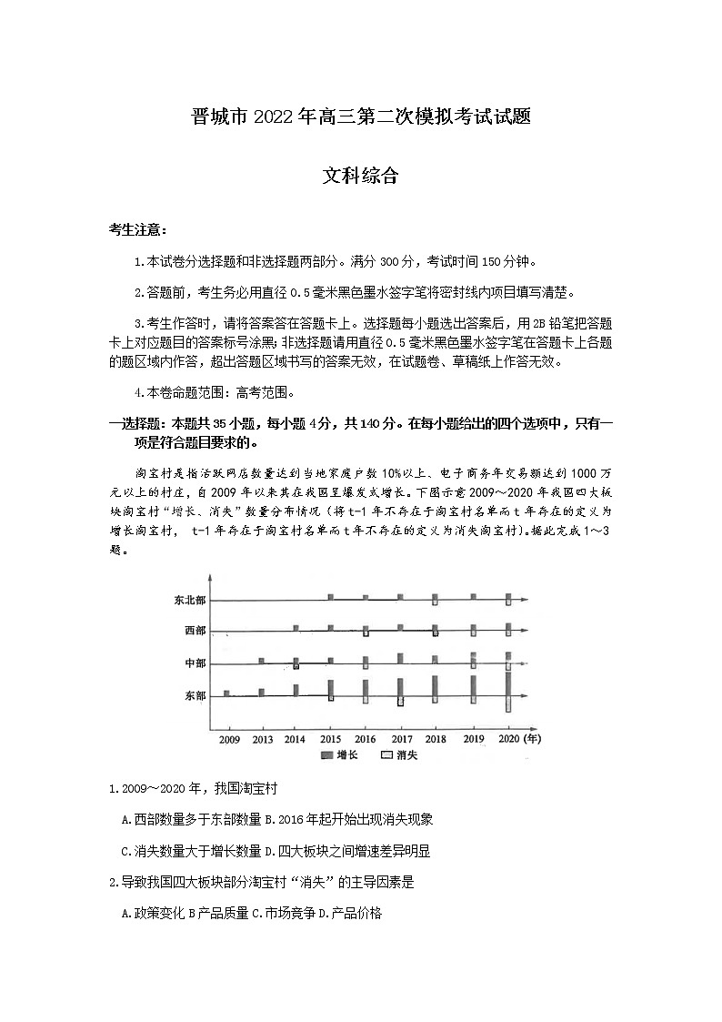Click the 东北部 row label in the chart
coord(189,601)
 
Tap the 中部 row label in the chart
coord(194,664)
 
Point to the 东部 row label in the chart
coord(194,696)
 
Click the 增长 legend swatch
coord(326,755)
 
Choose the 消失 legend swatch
coord(386,755)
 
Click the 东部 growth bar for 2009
coord(226,693)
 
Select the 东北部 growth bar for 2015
coord(331,597)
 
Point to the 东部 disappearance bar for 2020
coord(508,704)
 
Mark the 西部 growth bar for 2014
coord(296,628)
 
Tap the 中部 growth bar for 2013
coord(261,661)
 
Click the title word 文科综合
coord(360,176)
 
